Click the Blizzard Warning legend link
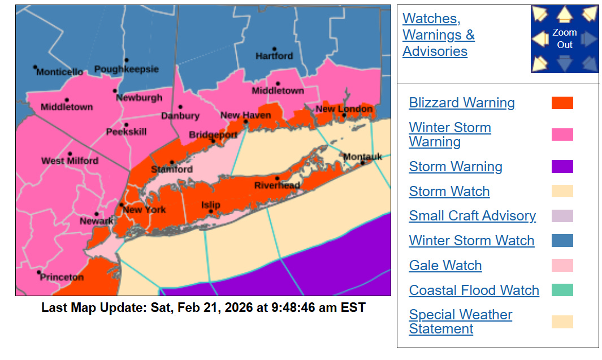(x=461, y=103)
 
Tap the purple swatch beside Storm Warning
(x=562, y=166)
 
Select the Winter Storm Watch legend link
(x=471, y=241)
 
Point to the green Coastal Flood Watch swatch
(x=562, y=290)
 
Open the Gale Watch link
(x=445, y=266)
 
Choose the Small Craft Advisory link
(x=472, y=216)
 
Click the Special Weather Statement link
(x=460, y=322)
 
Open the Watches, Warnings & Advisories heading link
(x=438, y=35)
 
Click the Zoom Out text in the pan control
(x=564, y=38)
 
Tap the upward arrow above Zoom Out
(x=564, y=14)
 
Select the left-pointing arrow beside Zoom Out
(x=540, y=38)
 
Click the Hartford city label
(x=274, y=56)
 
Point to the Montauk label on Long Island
(x=362, y=157)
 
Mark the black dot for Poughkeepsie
(x=127, y=60)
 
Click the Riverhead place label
(x=277, y=185)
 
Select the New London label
(x=344, y=109)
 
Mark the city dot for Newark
(x=97, y=214)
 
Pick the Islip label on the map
(x=211, y=205)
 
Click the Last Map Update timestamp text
(x=203, y=308)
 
